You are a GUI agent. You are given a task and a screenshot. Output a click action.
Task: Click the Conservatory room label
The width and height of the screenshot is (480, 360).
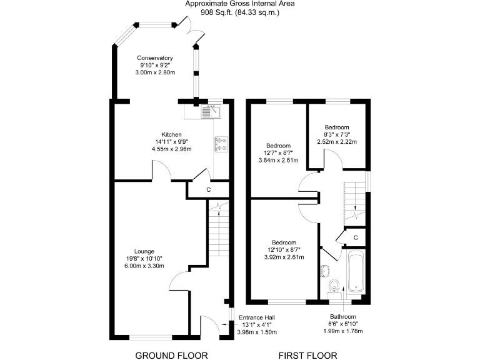(155, 58)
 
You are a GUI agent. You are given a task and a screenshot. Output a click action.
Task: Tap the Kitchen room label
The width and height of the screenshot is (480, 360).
(171, 134)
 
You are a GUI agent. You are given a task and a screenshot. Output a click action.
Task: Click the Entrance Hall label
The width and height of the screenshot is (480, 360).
(259, 317)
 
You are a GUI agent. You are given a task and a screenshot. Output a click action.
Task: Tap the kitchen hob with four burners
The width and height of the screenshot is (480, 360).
(222, 145)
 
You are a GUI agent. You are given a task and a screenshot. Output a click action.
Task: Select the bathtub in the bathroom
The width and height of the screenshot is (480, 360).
(356, 272)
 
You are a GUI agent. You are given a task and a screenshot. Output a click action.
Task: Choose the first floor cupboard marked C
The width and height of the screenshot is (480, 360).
(355, 237)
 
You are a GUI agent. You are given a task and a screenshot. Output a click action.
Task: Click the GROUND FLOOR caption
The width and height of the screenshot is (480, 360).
(171, 356)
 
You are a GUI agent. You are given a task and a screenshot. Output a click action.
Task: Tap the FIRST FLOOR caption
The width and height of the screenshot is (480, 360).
(308, 356)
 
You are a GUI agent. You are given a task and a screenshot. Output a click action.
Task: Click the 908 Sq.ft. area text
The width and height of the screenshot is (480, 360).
(240, 12)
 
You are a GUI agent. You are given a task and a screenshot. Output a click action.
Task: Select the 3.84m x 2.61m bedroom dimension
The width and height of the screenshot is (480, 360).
(278, 160)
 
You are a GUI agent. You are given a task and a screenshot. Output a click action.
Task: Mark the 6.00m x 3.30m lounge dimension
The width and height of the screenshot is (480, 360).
(145, 266)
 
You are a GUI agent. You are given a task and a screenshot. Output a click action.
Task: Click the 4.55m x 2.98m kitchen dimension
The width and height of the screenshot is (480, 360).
(171, 149)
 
